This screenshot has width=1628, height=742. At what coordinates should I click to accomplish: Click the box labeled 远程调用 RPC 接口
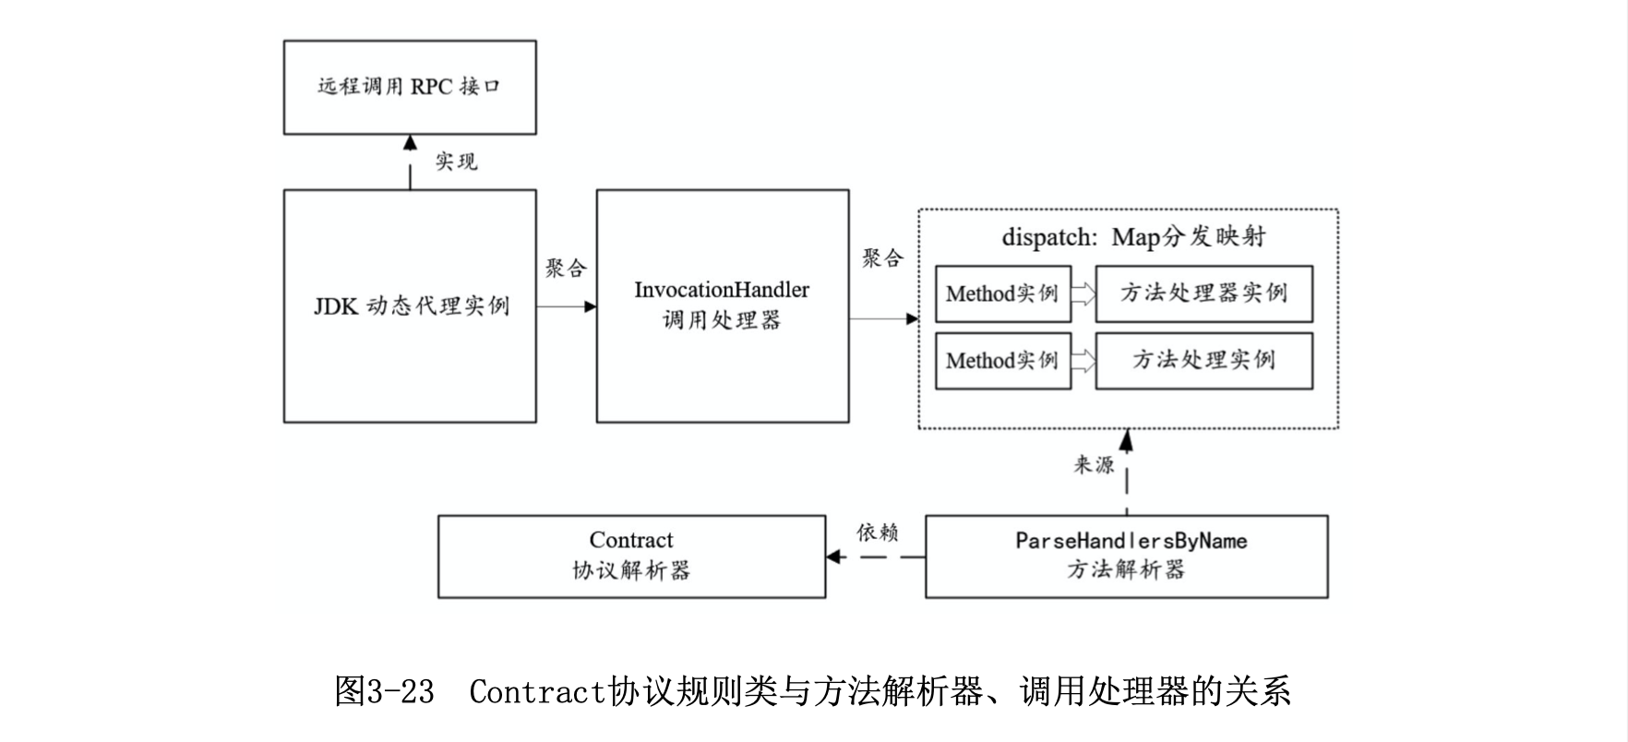tap(410, 88)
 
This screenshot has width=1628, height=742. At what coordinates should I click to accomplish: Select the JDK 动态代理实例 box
tap(410, 306)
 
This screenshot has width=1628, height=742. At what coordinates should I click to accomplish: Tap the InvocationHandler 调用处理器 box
tap(723, 306)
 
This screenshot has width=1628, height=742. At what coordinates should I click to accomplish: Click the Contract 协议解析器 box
tap(631, 556)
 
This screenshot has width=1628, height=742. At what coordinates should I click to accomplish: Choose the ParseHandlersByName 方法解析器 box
tap(1127, 556)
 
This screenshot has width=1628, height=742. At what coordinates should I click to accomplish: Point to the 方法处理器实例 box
tap(1203, 293)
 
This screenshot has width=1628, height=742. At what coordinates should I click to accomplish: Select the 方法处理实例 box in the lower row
tap(1203, 360)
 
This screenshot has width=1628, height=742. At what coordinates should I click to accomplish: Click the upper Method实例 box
tap(1002, 293)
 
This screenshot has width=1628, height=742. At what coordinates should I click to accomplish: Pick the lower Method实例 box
tap(1002, 360)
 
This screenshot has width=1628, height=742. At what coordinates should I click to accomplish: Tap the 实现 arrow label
tap(456, 162)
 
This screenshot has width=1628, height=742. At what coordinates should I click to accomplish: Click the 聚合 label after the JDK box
tap(566, 269)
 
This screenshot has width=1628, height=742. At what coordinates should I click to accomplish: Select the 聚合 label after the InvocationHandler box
tap(882, 258)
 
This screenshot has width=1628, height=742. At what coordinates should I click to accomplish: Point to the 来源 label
tap(1094, 464)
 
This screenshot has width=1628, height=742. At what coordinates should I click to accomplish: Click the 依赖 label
tap(877, 533)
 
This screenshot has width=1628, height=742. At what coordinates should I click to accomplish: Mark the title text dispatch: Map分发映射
tap(1133, 237)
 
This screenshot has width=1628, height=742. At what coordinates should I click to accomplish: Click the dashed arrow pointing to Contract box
tap(875, 556)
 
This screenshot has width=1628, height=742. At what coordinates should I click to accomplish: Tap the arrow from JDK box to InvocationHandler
tap(566, 306)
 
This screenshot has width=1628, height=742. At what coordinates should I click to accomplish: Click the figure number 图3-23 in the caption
tap(384, 691)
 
